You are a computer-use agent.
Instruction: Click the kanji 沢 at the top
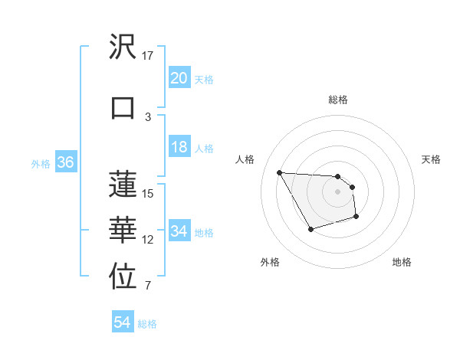(x=123, y=47)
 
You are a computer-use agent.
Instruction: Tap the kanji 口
(x=123, y=107)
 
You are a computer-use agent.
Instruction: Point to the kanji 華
(x=123, y=230)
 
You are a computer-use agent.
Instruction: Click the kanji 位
(x=123, y=277)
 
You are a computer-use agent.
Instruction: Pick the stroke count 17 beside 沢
(x=148, y=56)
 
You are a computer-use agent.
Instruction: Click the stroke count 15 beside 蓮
(x=148, y=193)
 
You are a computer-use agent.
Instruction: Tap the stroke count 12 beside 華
(x=148, y=240)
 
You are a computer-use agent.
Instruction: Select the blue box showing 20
(x=179, y=78)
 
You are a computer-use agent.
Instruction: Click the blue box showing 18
(x=179, y=148)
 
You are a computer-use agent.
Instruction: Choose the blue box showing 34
(x=179, y=231)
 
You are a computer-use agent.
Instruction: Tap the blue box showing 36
(x=65, y=162)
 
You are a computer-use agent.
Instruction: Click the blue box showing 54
(x=122, y=322)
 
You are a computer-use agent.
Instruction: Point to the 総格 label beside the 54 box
(x=147, y=324)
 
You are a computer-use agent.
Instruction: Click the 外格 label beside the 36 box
(x=41, y=163)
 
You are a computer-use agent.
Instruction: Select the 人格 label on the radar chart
(x=245, y=159)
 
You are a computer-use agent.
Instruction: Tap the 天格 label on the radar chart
(x=431, y=159)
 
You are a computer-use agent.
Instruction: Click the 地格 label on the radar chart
(x=402, y=262)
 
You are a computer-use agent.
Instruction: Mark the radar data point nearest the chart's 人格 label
(x=279, y=172)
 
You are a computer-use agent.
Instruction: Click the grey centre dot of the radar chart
(x=337, y=191)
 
